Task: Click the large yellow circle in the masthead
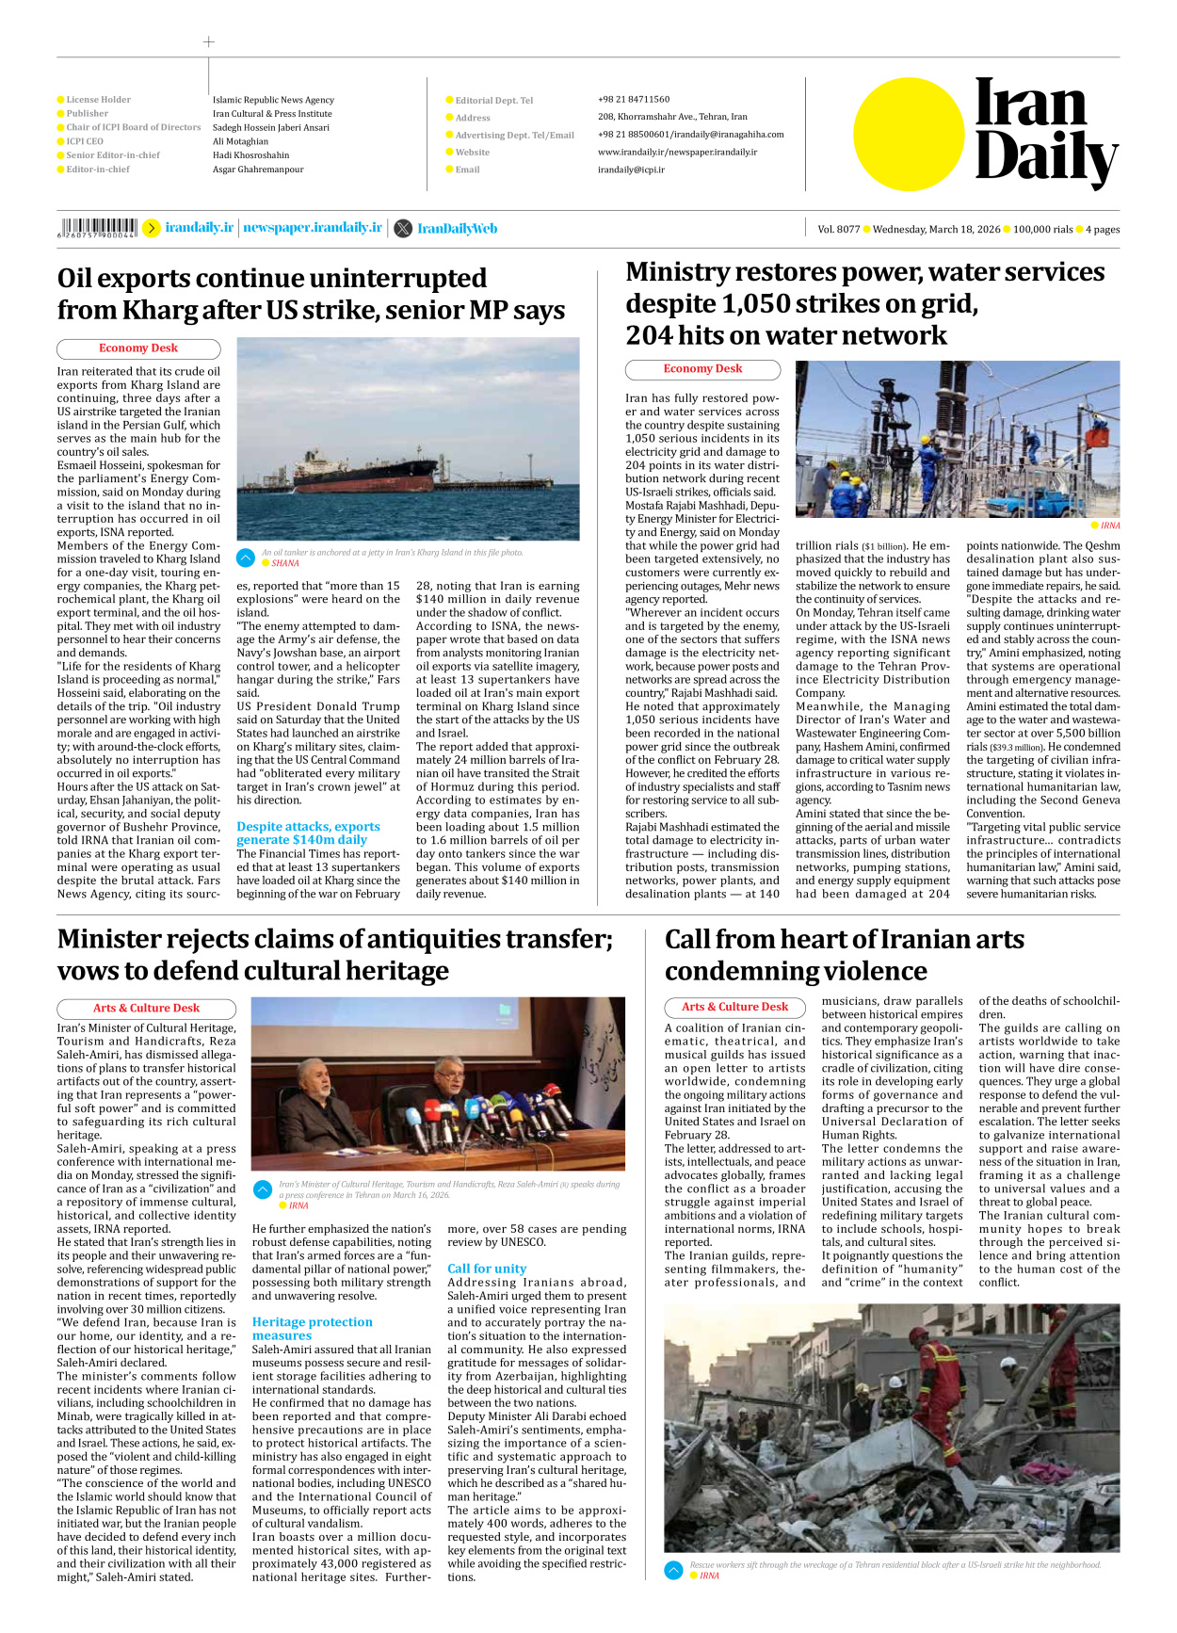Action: [909, 134]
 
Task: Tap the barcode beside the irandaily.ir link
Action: [97, 228]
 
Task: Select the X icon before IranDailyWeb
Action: [402, 228]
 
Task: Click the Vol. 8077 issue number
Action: [838, 229]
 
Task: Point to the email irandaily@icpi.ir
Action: [631, 170]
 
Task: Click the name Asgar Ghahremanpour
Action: [258, 170]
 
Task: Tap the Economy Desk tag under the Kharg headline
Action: [138, 348]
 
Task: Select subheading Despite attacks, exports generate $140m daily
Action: [308, 833]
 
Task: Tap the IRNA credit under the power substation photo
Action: [1110, 525]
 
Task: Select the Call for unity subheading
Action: [487, 1269]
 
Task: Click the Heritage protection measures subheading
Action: [312, 1328]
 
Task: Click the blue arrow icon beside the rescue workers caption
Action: [673, 1570]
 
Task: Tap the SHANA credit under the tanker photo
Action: [284, 563]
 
